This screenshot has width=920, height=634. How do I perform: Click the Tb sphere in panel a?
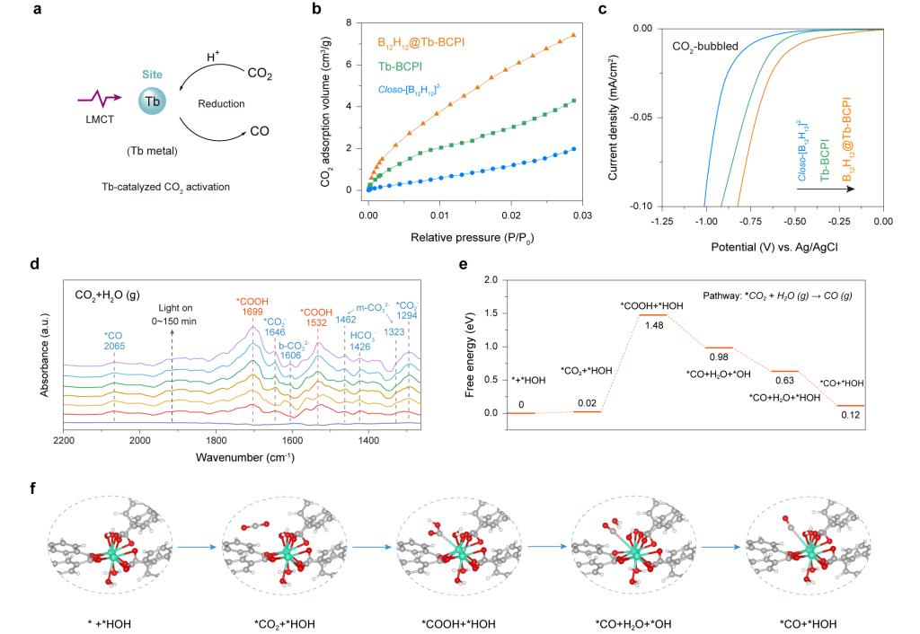[x=153, y=101]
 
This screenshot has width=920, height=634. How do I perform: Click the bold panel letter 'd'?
[x=58, y=266]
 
